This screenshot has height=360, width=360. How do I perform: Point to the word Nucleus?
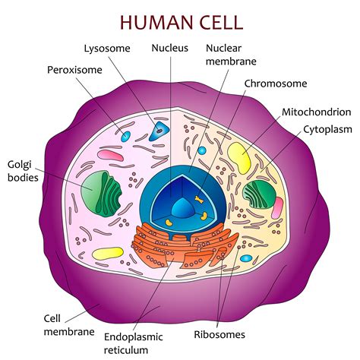click(169, 48)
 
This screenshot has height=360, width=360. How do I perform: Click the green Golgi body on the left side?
click(101, 191)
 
